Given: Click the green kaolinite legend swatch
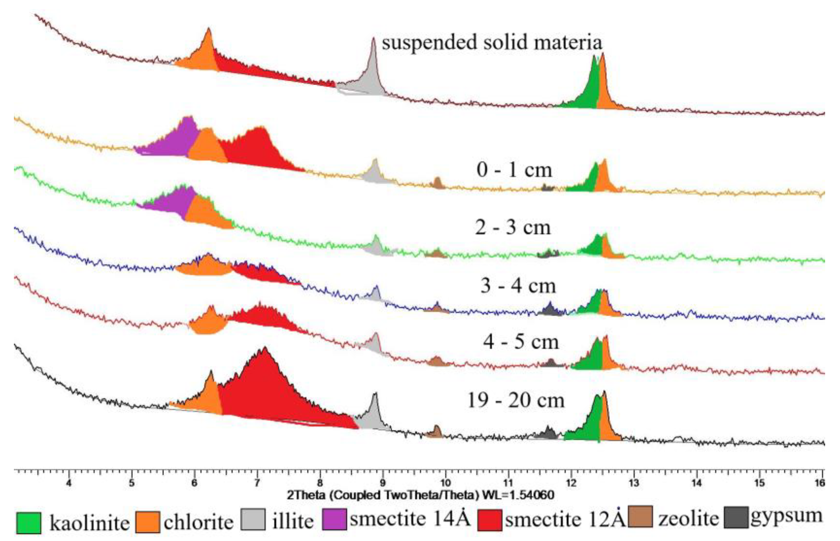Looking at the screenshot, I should tap(28, 523).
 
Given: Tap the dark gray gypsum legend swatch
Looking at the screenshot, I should tap(736, 517).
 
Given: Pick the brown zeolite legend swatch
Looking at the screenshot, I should tap(640, 517).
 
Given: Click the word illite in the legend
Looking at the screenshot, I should tap(292, 521).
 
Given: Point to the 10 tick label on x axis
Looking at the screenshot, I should tap(445, 483).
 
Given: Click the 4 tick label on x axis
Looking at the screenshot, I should tap(69, 483).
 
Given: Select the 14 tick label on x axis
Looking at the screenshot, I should tap(696, 483).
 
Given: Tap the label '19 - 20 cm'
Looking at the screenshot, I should tap(516, 400).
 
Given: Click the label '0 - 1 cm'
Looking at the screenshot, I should tap(514, 170).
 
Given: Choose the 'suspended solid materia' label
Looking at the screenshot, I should tap(492, 42).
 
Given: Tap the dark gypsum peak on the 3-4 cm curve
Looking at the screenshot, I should tap(550, 309).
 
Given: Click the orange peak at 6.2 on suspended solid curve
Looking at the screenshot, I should tap(205, 53).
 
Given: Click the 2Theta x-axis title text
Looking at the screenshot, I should tap(420, 496).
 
